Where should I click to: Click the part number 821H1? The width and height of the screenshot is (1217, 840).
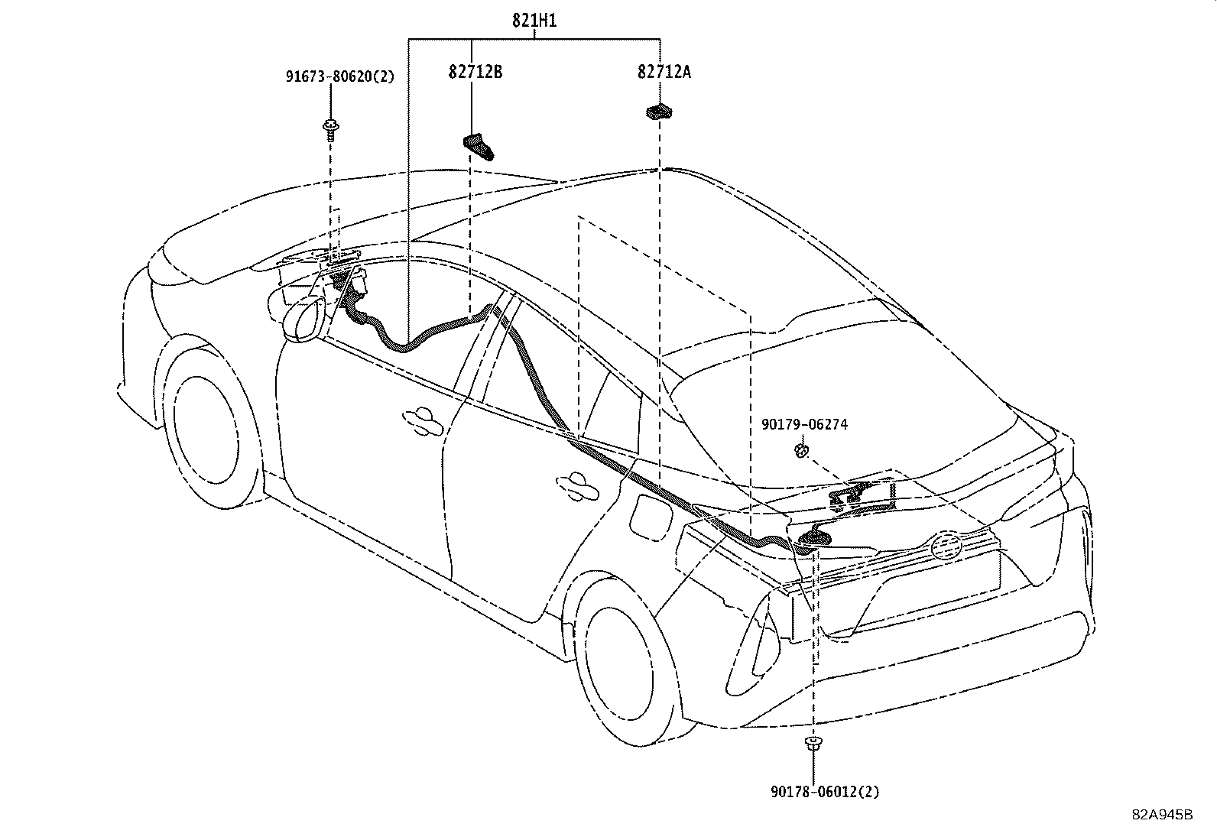tap(534, 21)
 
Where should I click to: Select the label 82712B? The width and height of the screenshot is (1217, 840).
tap(475, 72)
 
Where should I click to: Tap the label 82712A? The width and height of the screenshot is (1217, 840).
tap(664, 72)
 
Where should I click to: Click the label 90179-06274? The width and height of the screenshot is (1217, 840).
tap(804, 424)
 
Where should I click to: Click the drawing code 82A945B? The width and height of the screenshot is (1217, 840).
tap(1163, 814)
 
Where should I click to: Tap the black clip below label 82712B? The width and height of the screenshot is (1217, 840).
tap(478, 145)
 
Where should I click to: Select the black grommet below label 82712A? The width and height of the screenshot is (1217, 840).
tap(658, 112)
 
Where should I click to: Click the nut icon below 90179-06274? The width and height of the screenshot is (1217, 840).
tap(801, 450)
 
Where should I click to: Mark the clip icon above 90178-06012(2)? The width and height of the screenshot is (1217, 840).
tap(813, 743)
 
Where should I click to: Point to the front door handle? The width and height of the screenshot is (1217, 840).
tap(423, 419)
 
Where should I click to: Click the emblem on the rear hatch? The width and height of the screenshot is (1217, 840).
tap(946, 546)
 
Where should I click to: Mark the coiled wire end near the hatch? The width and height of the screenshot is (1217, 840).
tap(811, 539)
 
